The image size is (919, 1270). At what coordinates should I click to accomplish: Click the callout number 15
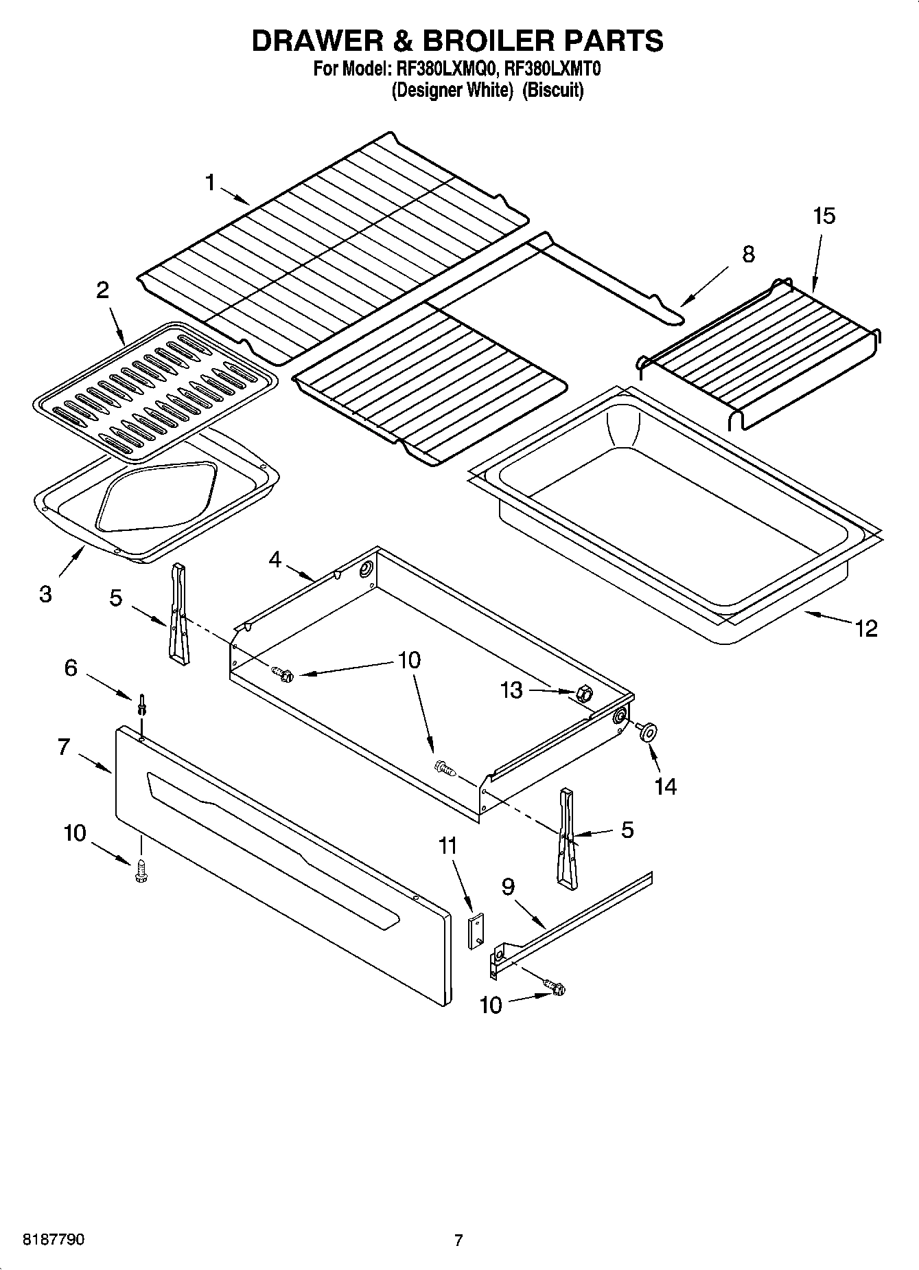coord(824,216)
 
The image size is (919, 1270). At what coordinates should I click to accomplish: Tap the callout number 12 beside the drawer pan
coord(866,628)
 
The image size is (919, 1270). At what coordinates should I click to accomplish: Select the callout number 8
coord(748,254)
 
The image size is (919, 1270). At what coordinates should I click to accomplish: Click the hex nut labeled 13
coord(583,694)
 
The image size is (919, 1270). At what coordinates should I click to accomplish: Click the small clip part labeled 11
coord(476,931)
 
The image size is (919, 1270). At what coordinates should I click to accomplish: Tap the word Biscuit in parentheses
coord(552,90)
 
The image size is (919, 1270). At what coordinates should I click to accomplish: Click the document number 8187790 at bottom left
coord(54,1240)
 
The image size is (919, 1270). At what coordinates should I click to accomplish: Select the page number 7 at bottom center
coord(458,1240)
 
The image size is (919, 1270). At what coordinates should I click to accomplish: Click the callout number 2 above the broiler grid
coord(102,291)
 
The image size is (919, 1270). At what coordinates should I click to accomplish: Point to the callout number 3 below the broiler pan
coord(45,594)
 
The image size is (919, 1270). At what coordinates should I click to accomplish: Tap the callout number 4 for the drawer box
coord(275,560)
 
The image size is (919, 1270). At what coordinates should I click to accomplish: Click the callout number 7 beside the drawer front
coord(64,747)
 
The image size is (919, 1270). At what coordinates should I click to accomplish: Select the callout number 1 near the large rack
coord(210,183)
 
